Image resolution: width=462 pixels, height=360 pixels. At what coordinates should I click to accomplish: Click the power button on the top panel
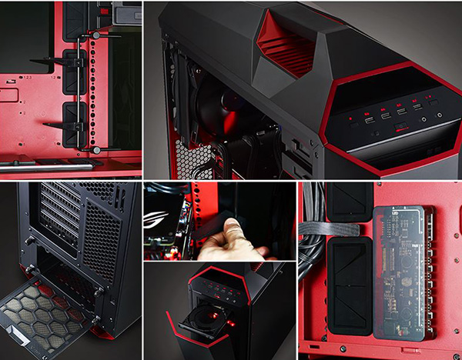440,115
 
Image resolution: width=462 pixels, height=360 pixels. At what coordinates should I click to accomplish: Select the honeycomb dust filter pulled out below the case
46,312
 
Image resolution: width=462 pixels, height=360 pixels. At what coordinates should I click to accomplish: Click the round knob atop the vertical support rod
95,35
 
